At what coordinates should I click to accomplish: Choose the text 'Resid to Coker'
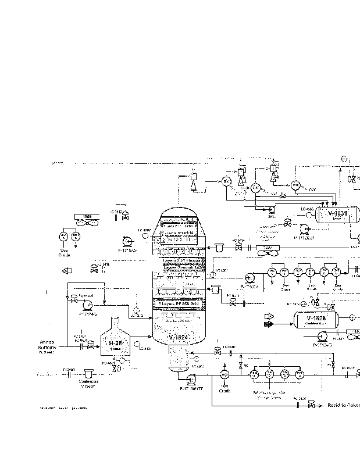click(344, 405)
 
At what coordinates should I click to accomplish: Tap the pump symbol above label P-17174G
click(87, 304)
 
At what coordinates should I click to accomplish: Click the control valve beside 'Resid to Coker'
click(311, 405)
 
